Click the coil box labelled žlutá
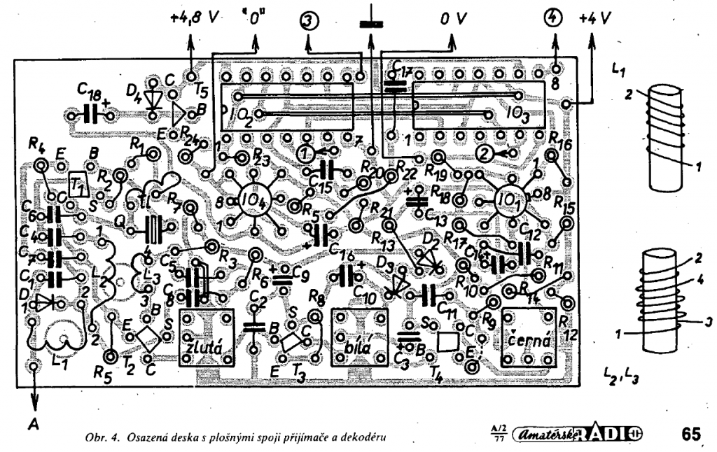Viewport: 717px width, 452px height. [x=204, y=337]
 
